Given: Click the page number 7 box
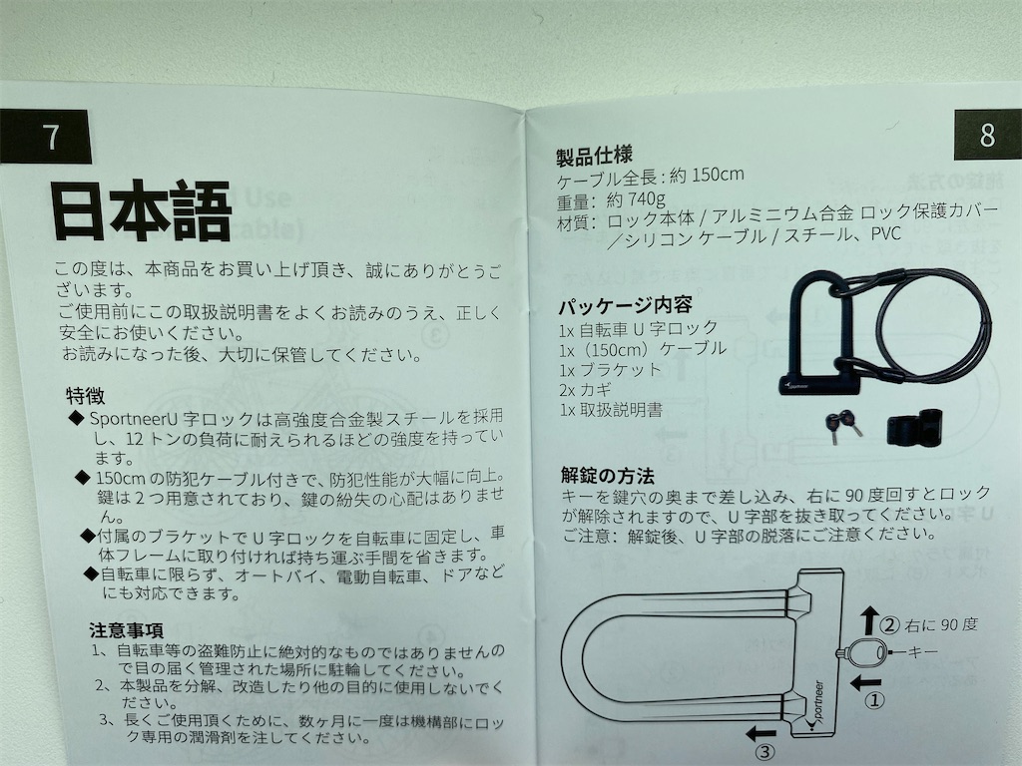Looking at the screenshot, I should (52, 138).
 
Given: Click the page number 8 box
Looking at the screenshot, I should (986, 135).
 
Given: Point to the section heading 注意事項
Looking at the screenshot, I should (126, 630).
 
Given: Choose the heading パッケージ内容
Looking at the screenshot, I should (626, 304).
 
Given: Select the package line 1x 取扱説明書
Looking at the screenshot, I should (612, 410).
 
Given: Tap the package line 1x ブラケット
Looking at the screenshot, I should (611, 368).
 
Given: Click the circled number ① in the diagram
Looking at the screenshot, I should (874, 700).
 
